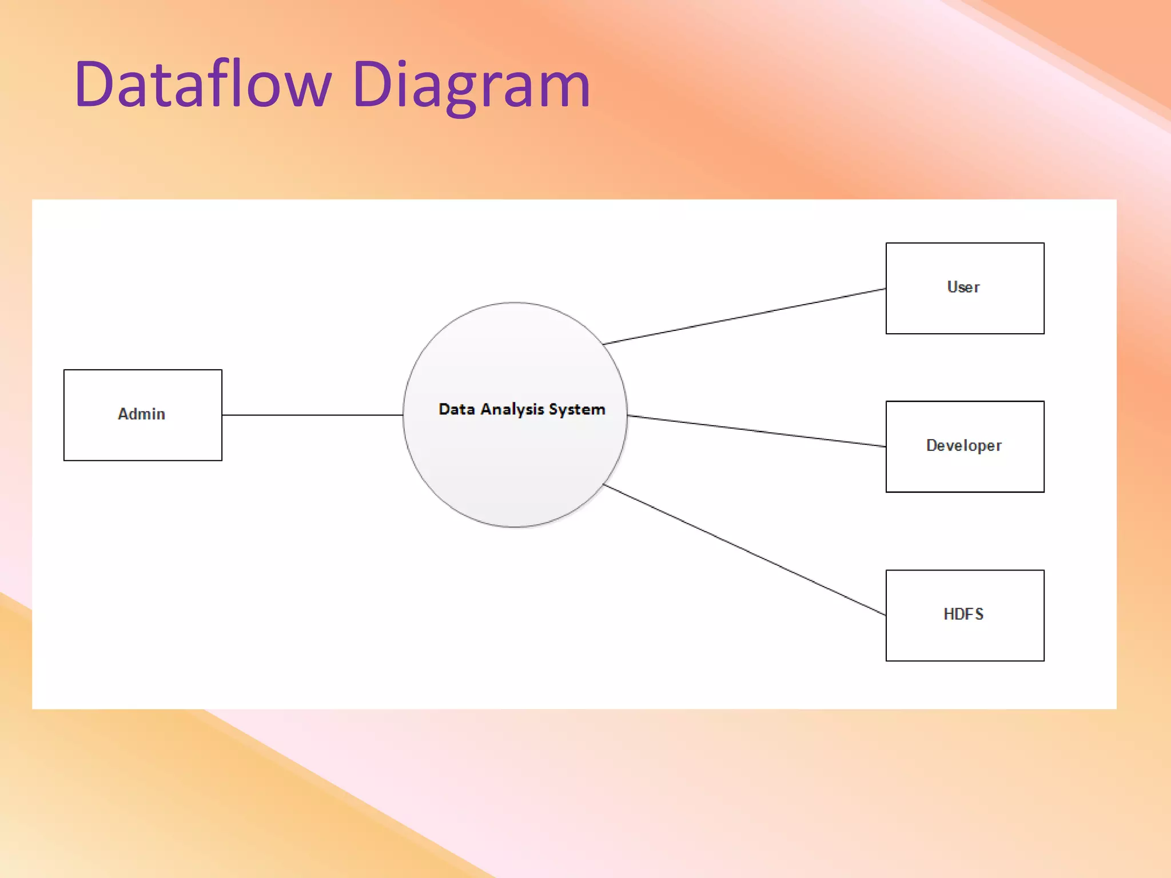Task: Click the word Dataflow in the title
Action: click(203, 85)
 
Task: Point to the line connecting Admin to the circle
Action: click(312, 415)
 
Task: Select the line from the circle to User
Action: click(743, 317)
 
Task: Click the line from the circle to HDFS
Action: click(743, 549)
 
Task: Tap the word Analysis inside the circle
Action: click(512, 410)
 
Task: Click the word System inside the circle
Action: click(576, 410)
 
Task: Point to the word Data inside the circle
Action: click(456, 409)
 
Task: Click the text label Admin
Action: click(141, 414)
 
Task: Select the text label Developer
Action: click(963, 445)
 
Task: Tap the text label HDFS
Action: click(963, 614)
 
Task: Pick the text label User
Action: click(963, 287)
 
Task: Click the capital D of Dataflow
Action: click(94, 85)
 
